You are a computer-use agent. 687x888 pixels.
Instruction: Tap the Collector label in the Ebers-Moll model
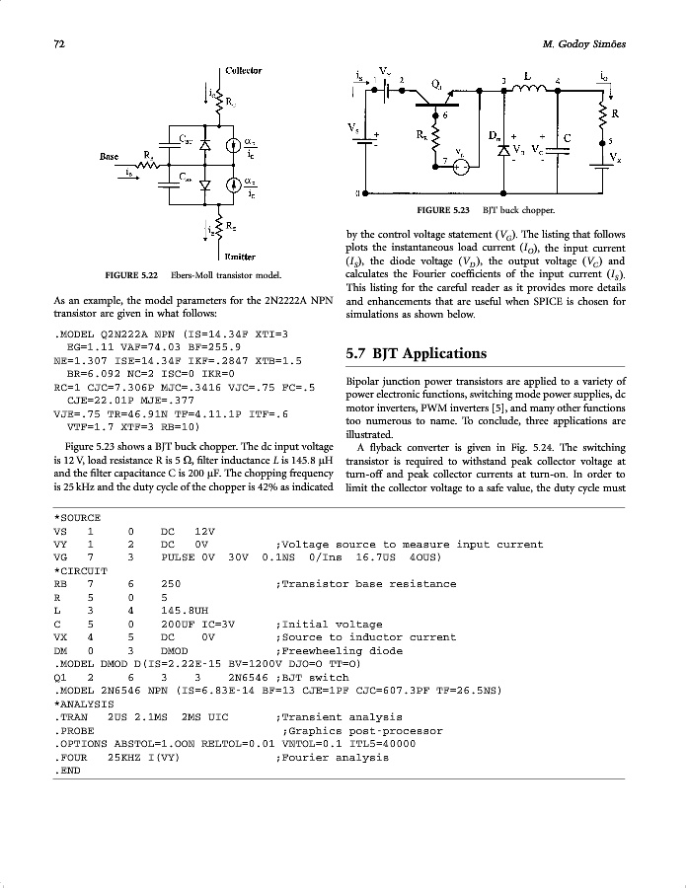(243, 70)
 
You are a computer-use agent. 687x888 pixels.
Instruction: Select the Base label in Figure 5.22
(111, 156)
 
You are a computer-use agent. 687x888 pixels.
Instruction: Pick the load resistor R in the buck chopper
(604, 119)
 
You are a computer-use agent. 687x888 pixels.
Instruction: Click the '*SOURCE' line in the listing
(78, 517)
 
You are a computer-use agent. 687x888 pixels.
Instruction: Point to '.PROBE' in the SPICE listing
(75, 730)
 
